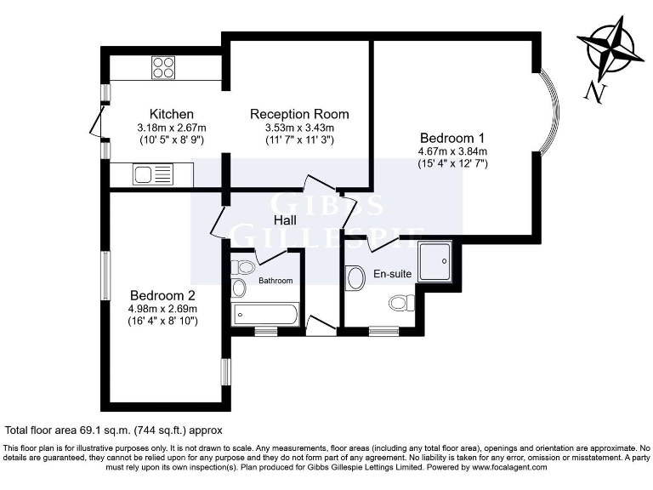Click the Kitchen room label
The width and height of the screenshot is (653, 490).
172,114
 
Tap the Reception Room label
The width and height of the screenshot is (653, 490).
299,114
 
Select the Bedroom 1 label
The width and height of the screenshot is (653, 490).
451,139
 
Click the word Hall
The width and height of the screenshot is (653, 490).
284,221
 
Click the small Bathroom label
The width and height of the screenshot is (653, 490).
275,281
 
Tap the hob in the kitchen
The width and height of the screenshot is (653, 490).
163,66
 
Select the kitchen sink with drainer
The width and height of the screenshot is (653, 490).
152,175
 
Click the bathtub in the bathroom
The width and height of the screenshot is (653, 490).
264,315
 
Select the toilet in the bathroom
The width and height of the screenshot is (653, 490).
243,267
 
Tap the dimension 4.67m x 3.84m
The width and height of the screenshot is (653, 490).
451,151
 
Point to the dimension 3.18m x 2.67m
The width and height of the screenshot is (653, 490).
172,128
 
